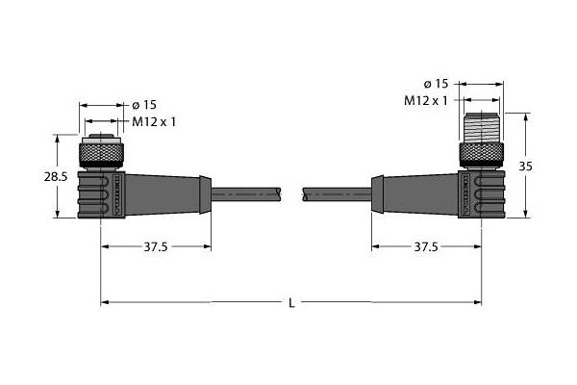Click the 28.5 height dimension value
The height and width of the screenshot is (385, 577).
pyautogui.click(x=56, y=177)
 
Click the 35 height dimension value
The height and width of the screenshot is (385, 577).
pyautogui.click(x=525, y=167)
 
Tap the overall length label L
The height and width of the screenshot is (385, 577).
pyautogui.click(x=291, y=303)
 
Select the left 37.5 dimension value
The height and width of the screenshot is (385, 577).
pyautogui.click(x=155, y=246)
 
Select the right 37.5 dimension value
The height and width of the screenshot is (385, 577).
pyautogui.click(x=426, y=246)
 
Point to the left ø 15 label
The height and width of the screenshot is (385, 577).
pyautogui.click(x=144, y=105)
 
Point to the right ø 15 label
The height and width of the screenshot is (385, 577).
pyautogui.click(x=436, y=84)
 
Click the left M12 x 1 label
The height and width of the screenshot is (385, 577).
pyautogui.click(x=154, y=121)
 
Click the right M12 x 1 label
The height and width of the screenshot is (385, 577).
pyautogui.click(x=426, y=100)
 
